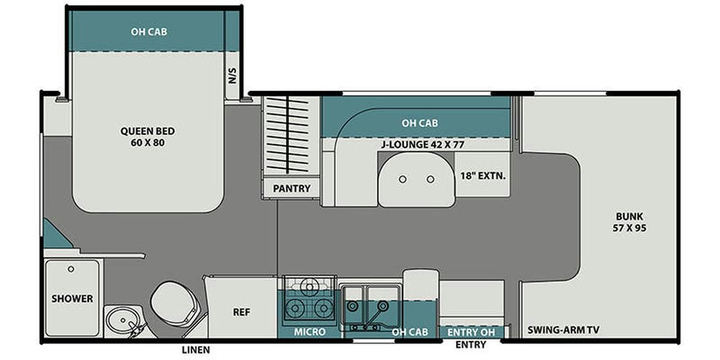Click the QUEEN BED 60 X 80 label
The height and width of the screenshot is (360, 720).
(x=147, y=137)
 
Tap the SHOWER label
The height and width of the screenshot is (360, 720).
(x=72, y=298)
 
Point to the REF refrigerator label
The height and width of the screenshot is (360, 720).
(x=241, y=313)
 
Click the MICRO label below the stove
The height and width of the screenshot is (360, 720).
(x=310, y=332)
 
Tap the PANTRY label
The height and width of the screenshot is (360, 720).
(x=292, y=189)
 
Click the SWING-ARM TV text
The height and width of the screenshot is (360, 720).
(x=564, y=331)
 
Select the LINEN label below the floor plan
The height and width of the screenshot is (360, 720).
(x=195, y=349)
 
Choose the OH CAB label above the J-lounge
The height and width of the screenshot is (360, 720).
(x=420, y=123)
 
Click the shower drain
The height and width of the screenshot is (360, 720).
(x=71, y=269)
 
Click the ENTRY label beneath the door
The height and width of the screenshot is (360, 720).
(x=470, y=345)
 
